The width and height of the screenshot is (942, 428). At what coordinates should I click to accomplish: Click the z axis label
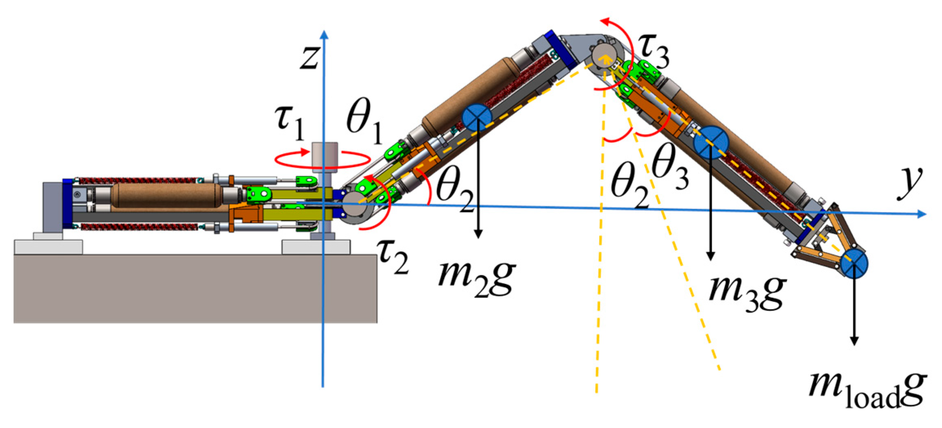point(309,57)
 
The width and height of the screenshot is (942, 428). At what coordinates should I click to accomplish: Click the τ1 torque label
point(290,123)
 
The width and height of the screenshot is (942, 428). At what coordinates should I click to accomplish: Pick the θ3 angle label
point(670,167)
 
